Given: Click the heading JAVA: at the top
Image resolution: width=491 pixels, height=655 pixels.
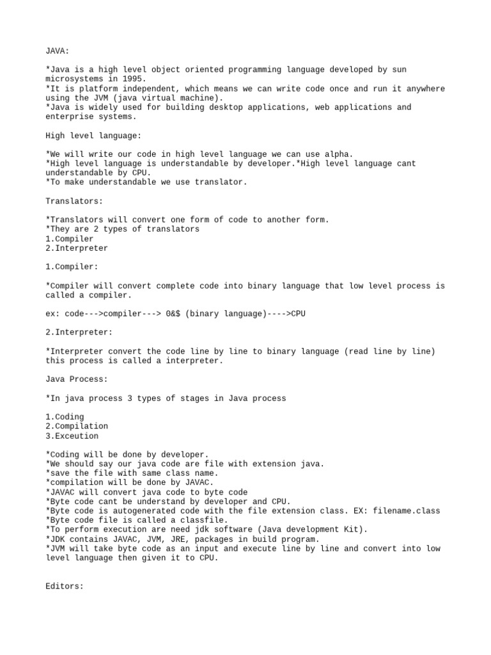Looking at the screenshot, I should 58,51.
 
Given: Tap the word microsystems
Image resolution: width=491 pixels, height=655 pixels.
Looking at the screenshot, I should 74,79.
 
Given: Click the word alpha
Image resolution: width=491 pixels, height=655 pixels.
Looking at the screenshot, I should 338,154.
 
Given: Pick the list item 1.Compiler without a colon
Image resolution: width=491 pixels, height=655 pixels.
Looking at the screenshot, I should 70,239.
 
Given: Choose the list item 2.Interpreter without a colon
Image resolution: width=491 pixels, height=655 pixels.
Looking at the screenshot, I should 77,248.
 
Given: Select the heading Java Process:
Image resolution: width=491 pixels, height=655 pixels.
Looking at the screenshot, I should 77,379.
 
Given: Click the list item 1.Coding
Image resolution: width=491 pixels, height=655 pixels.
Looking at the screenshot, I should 65,417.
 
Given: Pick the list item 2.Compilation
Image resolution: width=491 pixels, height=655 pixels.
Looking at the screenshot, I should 77,426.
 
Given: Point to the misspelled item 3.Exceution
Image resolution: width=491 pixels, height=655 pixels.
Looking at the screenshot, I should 72,436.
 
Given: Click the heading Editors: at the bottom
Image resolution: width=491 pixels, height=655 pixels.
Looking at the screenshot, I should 65,586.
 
